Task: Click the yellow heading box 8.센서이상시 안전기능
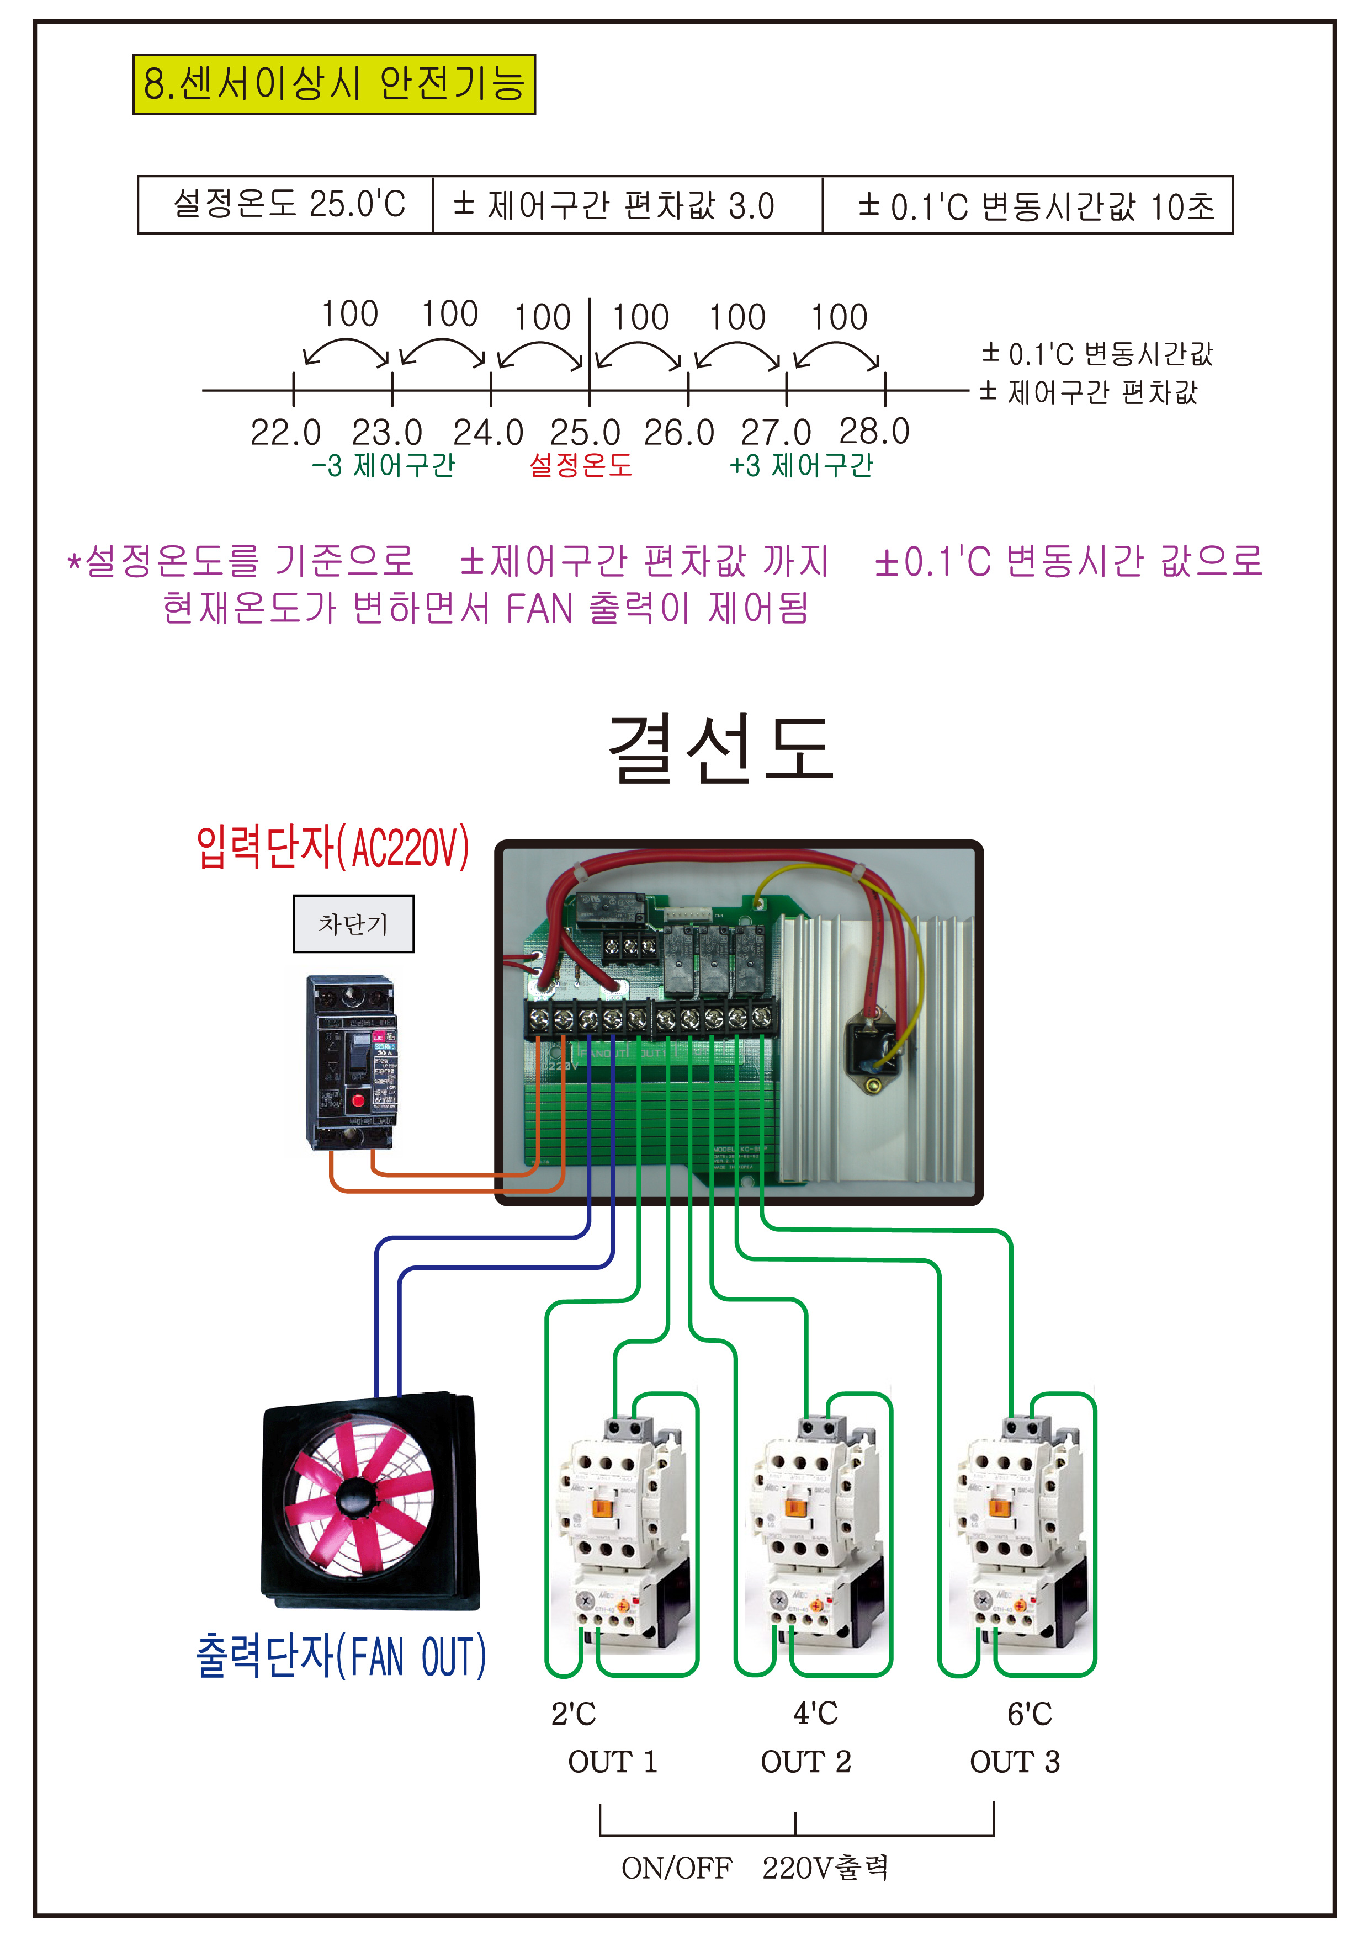pos(334,84)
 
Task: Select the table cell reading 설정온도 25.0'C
pos(287,205)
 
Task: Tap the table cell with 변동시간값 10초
pos(1027,205)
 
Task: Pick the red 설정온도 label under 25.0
pos(580,465)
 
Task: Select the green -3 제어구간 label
pos(384,465)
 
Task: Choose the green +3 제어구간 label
pos(802,465)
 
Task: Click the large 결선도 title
pos(721,749)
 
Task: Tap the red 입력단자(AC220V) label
pos(333,848)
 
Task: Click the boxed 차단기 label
pos(353,924)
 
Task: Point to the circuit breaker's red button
pos(358,1099)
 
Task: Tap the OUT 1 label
pos(612,1762)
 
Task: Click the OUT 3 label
pos(1014,1762)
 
